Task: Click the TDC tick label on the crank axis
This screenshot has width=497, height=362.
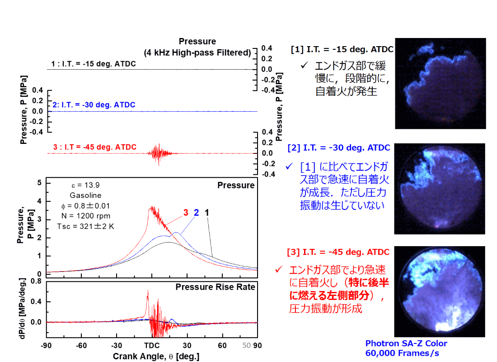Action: pos(151,345)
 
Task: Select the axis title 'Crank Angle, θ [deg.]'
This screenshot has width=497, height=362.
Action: pos(156,356)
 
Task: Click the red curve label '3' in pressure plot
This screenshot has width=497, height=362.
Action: pos(185,212)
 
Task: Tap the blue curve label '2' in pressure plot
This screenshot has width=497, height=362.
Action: pos(196,212)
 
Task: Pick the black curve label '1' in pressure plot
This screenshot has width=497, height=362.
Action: pos(207,212)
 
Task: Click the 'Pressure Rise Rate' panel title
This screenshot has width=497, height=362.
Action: pos(215,287)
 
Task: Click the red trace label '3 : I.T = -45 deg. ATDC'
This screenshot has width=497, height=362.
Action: pos(94,147)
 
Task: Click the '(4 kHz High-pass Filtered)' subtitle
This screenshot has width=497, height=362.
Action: pos(197,52)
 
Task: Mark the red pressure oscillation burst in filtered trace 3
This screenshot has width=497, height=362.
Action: pos(158,153)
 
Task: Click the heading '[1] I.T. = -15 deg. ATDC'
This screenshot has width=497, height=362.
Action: pos(342,49)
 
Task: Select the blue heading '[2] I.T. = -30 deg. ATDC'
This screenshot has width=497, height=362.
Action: pos(339,148)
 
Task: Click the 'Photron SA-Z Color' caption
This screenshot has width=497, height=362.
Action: pos(406,343)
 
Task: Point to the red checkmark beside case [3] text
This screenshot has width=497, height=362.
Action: pos(279,270)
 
